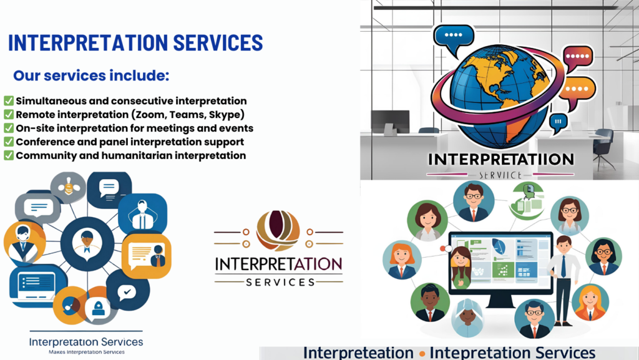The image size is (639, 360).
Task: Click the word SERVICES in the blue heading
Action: point(218,42)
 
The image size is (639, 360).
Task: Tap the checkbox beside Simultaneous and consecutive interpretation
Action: point(9,101)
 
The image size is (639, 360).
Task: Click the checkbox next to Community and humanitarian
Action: point(9,155)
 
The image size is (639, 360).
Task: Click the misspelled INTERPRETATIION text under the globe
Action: point(501,159)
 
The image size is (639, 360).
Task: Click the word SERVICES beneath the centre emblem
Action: point(280,282)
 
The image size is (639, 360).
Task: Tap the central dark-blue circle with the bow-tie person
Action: point(87,243)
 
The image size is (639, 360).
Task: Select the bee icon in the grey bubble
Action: point(69,188)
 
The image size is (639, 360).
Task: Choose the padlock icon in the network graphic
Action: point(98,307)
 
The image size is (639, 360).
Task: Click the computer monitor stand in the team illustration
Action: point(500,302)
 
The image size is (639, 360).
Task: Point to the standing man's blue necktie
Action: point(563,266)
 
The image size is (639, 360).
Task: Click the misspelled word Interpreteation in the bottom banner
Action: point(358,353)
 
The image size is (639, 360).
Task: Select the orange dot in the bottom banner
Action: point(422,354)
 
